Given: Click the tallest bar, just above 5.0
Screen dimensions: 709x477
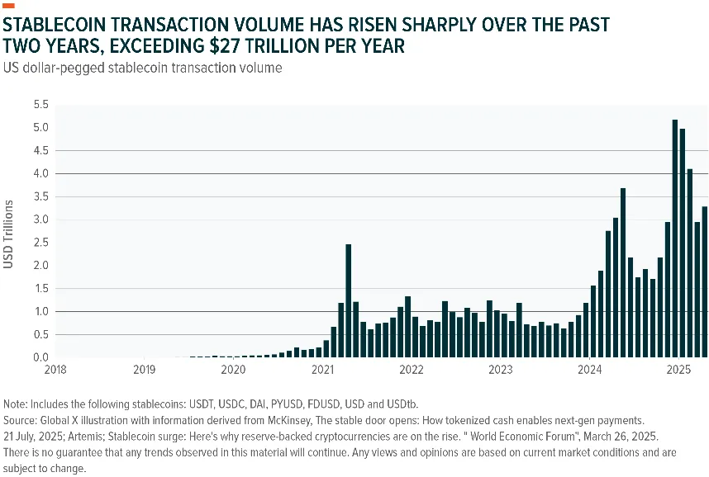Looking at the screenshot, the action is tap(675, 238).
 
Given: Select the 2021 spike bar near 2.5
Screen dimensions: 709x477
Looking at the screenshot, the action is tap(348, 301).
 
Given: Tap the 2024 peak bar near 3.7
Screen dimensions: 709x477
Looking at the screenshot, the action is tap(623, 273).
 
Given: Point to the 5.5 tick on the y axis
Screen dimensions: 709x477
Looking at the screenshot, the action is tap(40, 105).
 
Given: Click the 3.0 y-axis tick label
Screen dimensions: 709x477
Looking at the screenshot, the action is tap(40, 220).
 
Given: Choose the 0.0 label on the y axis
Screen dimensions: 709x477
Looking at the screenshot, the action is tap(40, 357).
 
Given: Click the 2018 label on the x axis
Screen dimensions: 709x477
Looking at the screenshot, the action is tap(55, 370).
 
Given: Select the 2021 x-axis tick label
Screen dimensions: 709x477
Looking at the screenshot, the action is tap(322, 370).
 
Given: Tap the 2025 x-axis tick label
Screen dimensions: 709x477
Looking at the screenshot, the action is tap(678, 370).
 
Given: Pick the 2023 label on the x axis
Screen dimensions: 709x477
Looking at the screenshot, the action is tap(501, 370).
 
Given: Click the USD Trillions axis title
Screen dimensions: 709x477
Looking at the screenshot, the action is tap(8, 234).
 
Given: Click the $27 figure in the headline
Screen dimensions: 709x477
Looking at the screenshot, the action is tap(226, 46).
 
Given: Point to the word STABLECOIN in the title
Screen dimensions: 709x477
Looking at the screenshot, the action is tap(59, 25).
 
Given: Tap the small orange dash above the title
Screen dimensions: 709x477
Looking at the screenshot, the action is tap(8, 6).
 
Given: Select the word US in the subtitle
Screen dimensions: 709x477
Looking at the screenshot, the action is tap(11, 68).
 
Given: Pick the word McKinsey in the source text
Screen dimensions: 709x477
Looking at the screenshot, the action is tap(289, 421).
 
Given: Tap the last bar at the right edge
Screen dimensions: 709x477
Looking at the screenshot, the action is tap(705, 282).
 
